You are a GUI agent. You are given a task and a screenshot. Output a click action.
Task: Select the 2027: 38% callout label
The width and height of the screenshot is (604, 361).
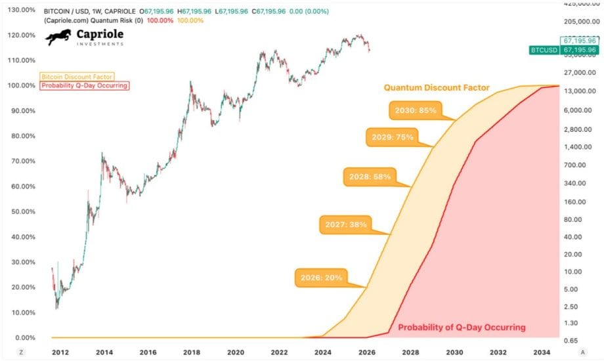coord(345,224)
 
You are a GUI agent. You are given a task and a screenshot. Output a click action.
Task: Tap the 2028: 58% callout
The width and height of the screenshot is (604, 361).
coord(368,176)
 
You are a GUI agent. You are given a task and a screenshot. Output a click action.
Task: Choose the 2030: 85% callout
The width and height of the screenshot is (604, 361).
coord(413,110)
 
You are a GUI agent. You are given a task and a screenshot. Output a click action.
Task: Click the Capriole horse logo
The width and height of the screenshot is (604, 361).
coord(58,37)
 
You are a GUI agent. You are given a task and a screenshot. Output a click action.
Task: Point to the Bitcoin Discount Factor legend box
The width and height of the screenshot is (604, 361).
coord(77,77)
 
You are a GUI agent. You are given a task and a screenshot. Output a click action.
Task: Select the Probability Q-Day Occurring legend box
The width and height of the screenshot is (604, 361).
coord(84,85)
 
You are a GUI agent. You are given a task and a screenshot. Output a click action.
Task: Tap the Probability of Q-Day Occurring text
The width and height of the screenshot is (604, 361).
coord(462,327)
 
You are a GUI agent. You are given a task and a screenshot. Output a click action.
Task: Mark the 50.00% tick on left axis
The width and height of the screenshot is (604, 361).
coord(20,211)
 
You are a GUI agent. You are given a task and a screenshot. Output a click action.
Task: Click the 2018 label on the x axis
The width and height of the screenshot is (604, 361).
coord(192,352)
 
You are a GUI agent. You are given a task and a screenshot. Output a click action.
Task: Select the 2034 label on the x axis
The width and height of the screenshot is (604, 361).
coord(542,352)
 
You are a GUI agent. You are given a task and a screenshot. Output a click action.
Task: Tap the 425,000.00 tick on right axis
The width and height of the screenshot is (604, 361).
coord(581,5)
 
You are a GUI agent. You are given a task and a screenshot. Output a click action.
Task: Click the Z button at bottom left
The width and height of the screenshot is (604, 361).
coord(21,352)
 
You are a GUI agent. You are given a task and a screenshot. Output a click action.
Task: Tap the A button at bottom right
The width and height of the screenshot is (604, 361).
coord(582,352)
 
